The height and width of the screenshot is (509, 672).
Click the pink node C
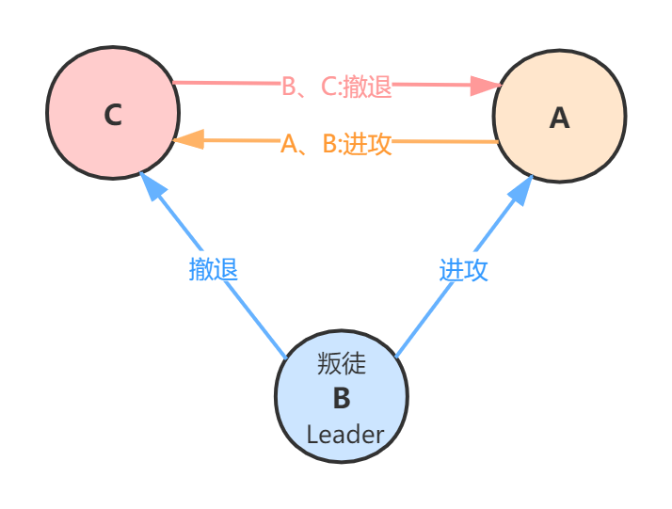pos(113,113)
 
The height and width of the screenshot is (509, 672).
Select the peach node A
pos(559,117)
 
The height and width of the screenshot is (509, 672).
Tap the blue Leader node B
pos(342,396)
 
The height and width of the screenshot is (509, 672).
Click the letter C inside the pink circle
pos(113,115)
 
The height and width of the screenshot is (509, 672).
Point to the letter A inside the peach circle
pos(559,119)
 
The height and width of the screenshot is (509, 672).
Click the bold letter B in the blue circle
pos(342,398)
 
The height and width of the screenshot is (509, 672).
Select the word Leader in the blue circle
pos(345,435)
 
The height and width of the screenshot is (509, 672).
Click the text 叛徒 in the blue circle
pos(342,363)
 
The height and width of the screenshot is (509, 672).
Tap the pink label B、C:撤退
pos(336,87)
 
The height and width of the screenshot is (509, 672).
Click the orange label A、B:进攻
pos(336,144)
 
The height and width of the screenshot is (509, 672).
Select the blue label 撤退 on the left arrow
pos(214,268)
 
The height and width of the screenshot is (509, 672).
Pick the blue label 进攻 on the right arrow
pos(463,269)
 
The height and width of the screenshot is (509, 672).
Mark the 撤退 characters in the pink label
pos(367,87)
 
